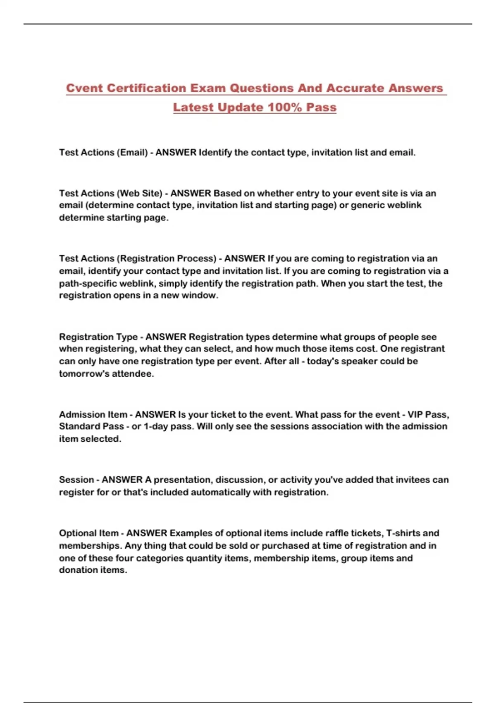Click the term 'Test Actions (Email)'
103,153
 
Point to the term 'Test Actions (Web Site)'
110,193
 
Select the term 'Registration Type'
98,337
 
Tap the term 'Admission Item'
93,414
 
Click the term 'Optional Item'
88,533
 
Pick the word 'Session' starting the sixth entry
76,480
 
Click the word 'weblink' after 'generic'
402,205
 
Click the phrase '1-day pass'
167,426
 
